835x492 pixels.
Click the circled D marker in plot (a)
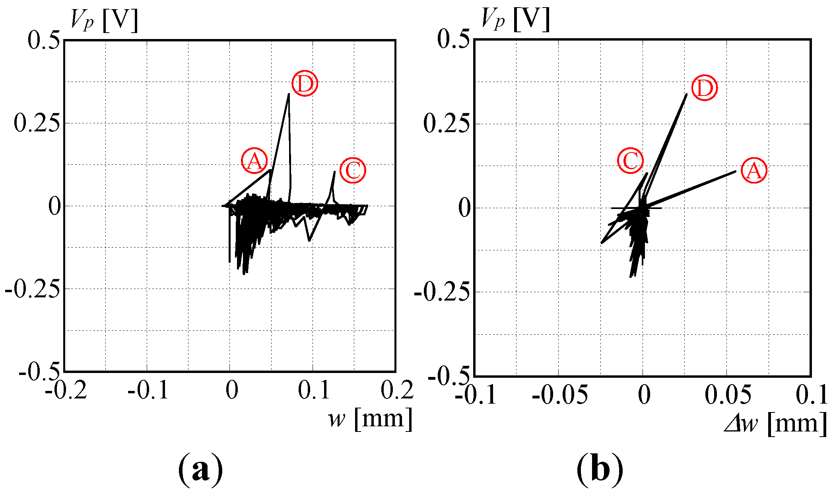click(305, 84)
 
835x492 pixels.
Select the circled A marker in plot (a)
click(254, 161)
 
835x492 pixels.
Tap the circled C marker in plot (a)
click(353, 170)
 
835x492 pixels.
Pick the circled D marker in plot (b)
click(705, 88)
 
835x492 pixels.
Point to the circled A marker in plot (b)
click(754, 171)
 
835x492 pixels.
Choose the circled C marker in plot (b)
click(631, 160)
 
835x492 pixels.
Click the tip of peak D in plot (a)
click(289, 94)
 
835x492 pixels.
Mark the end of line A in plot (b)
click(736, 171)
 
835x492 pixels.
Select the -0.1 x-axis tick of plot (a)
click(148, 390)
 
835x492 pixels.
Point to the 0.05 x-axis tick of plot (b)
click(728, 395)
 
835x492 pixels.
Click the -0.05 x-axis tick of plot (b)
click(559, 395)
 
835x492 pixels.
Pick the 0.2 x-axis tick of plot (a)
click(396, 390)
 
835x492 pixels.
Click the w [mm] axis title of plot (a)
click(370, 419)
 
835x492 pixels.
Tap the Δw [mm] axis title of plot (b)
click(775, 423)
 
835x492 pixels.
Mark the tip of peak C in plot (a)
click(334, 172)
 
